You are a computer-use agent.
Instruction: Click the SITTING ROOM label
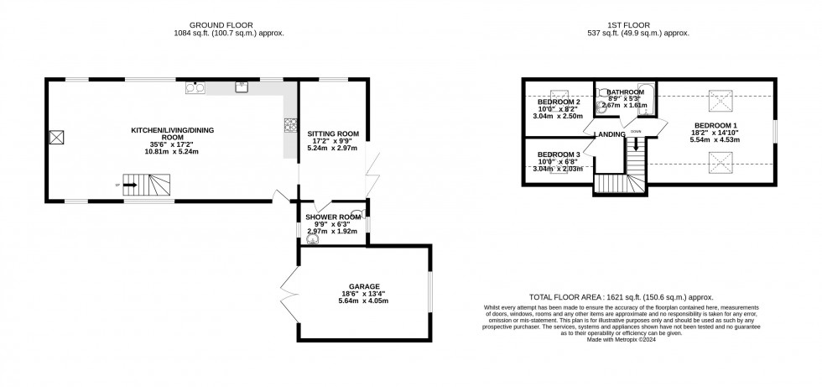point(333,133)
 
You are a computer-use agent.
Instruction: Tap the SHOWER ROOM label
point(333,217)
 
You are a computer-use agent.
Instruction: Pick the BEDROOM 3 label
point(559,154)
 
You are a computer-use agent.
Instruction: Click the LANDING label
point(608,134)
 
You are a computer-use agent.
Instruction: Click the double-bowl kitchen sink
point(194,86)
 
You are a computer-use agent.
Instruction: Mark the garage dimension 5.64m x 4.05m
point(363,301)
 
